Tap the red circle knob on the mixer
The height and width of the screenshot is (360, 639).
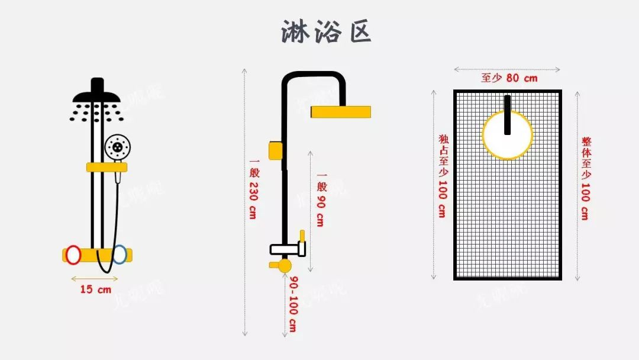[73, 255]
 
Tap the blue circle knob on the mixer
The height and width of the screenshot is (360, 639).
[120, 254]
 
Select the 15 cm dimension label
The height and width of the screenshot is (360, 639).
[95, 290]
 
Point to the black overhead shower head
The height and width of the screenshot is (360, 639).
[96, 95]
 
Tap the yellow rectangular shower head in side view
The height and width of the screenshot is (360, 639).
[341, 111]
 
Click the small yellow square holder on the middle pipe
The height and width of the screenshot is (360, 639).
[275, 150]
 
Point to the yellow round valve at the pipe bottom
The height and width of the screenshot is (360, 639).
[285, 265]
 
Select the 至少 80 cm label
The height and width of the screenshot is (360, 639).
[509, 78]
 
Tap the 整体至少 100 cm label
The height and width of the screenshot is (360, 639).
[585, 178]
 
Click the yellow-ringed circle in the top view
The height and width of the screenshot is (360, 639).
[508, 135]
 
